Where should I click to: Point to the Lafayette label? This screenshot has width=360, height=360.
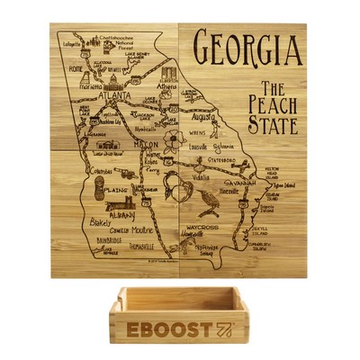72,41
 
